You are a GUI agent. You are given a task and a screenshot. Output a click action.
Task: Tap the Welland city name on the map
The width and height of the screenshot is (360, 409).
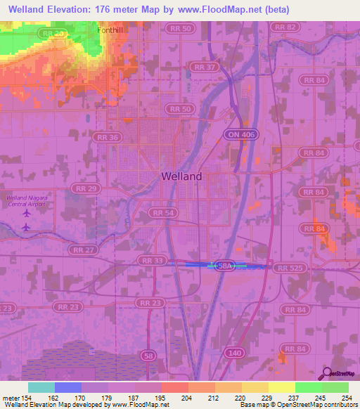(181, 176)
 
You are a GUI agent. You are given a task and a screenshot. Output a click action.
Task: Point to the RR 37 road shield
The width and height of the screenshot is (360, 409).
(202, 67)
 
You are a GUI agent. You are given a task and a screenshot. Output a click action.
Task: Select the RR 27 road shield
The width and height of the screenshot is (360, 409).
(82, 249)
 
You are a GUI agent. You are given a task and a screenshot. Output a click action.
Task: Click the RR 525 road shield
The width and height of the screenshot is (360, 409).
(290, 268)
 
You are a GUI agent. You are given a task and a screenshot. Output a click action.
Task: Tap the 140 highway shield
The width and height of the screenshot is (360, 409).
(236, 353)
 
